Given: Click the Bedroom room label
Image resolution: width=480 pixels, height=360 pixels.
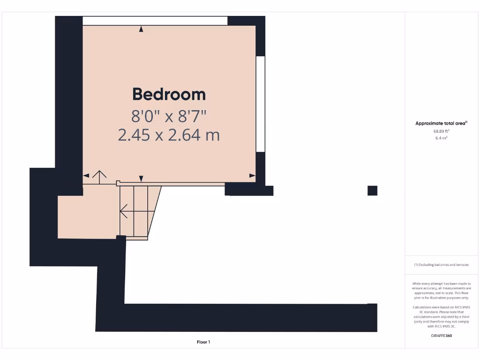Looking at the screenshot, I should coord(169,94).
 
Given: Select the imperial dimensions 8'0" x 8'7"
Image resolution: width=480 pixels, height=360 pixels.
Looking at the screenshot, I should coord(169,115).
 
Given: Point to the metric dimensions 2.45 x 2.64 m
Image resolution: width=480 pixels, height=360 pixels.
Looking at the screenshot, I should coord(169,135).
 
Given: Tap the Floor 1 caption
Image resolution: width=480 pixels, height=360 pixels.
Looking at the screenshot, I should coord(203,342).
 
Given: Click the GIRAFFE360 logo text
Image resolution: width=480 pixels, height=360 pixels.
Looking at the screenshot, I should coord(441,336).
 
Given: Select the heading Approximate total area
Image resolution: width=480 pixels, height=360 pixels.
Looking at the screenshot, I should coord(441,123).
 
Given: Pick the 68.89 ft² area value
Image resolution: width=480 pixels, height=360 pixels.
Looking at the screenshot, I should coord(441,131).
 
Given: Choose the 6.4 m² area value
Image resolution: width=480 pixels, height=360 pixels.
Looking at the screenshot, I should coord(441,138).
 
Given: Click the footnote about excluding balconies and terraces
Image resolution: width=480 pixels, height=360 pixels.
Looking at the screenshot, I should coord(441,265).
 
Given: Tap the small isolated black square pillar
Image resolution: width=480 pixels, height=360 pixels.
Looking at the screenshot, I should coord(372,190).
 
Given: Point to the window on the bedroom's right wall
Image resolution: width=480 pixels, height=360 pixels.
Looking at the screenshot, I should coord(261,104).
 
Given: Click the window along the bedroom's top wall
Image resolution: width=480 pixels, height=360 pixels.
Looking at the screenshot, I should coord(155,21).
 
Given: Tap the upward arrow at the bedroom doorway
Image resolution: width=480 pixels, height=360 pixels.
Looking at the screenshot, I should coord(99,176).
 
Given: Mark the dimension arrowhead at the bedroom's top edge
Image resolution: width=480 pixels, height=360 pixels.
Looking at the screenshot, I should coord(141,29).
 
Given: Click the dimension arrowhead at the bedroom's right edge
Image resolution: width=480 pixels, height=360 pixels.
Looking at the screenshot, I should coord(253,176).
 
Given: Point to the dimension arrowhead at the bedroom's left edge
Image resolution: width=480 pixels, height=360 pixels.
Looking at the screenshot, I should coord(86,176).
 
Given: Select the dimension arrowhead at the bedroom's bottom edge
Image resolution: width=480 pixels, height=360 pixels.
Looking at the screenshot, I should coord(141,178).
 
